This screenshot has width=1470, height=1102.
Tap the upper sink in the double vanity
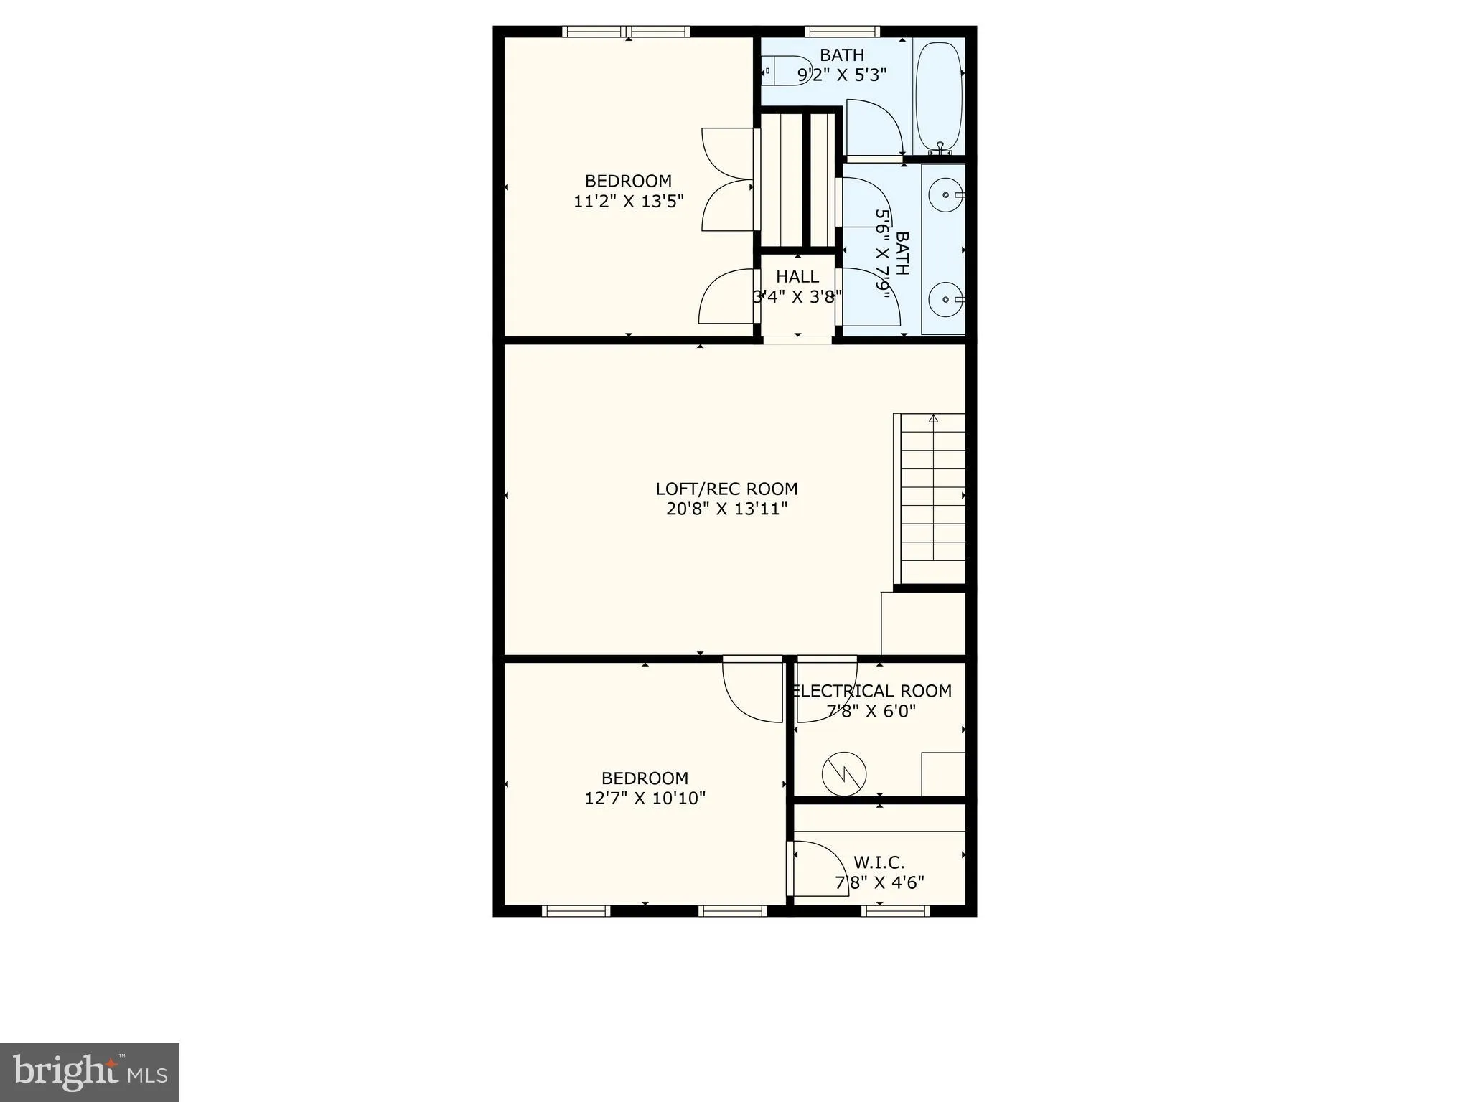tap(945, 194)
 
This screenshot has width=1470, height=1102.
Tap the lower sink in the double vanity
tap(945, 299)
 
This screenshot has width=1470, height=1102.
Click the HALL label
tap(797, 276)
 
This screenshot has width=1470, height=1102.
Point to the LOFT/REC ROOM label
tap(726, 489)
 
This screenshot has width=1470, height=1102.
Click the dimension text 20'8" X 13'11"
tap(726, 509)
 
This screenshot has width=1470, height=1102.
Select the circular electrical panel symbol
tap(844, 773)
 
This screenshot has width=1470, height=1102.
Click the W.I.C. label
tap(879, 862)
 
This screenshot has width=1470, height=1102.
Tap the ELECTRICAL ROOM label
tap(873, 691)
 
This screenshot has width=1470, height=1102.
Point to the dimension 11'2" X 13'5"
tap(628, 202)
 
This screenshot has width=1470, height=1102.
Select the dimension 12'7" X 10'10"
tap(645, 798)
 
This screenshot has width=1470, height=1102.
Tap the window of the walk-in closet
tap(895, 910)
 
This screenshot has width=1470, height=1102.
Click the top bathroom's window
tap(842, 32)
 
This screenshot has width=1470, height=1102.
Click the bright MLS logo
tap(89, 1072)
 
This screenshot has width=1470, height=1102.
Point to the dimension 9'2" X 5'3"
tap(842, 75)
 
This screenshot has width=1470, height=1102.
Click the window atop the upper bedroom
tap(625, 32)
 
